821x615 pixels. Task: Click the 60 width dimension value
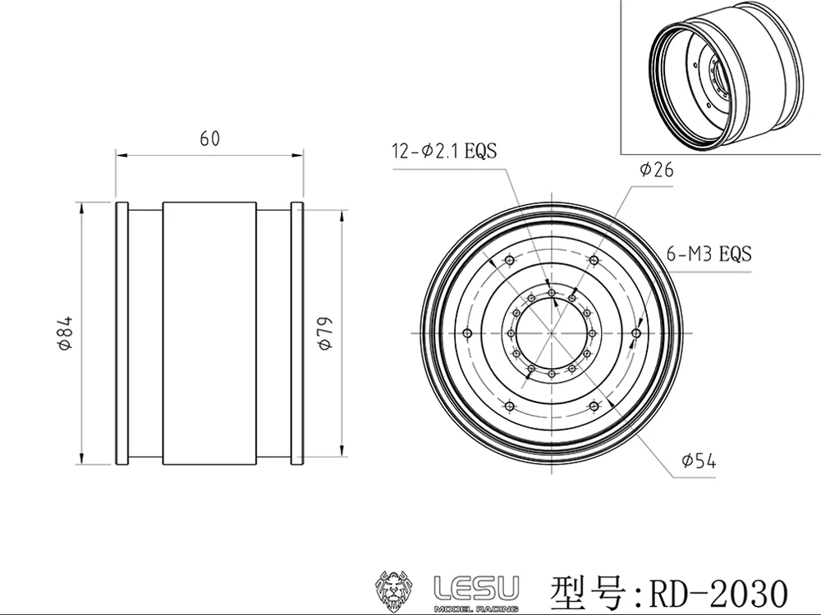pos(210,139)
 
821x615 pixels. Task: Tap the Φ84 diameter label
pos(66,333)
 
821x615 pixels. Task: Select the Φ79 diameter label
pos(325,333)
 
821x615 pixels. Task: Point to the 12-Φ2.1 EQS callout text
pos(444,151)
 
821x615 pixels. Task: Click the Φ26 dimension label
pos(656,170)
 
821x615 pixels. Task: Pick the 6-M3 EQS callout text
pos(709,253)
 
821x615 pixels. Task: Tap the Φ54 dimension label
pos(699,461)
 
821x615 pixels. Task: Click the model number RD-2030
pos(718,594)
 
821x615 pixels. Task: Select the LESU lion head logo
pos(393,591)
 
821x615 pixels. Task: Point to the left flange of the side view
pos(122,333)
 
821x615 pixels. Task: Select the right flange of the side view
pos(297,333)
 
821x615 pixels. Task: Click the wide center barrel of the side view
pos(209,333)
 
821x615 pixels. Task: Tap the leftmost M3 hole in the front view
pos(468,333)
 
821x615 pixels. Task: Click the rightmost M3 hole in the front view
pos(636,333)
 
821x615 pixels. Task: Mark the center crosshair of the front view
pos(552,333)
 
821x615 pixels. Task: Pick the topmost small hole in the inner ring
pos(552,293)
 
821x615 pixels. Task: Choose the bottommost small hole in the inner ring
pos(552,374)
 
